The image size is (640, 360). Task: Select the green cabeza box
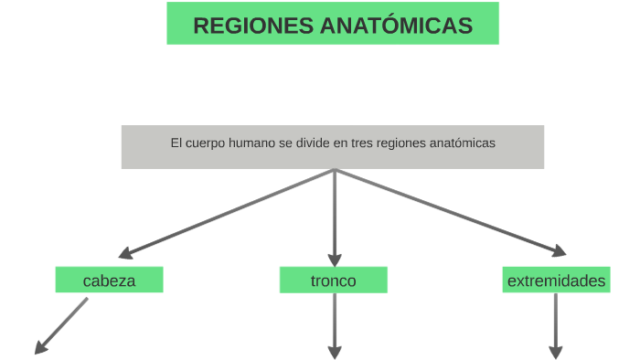(109, 281)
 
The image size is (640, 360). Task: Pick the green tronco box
(333, 281)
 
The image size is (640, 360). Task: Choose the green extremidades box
(556, 281)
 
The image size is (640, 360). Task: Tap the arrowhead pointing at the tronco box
(334, 259)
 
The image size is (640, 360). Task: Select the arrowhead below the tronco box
(334, 352)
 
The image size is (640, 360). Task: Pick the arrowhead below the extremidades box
(555, 352)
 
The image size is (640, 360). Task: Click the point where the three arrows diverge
(335, 170)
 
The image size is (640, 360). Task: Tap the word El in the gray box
(176, 143)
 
